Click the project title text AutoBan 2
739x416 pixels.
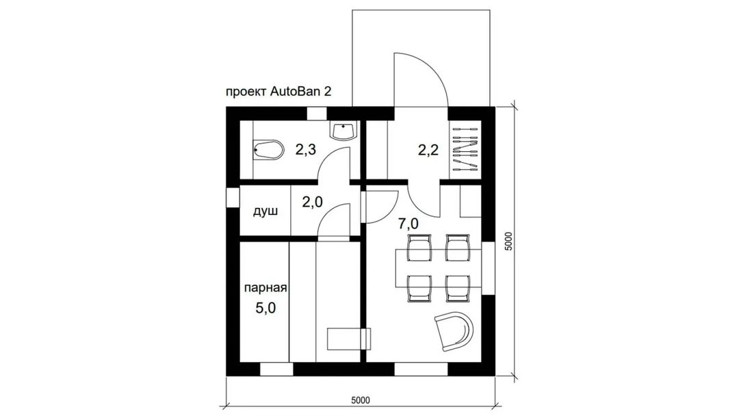coord(300,91)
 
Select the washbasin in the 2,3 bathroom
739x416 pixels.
coord(345,131)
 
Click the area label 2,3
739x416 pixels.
coord(305,150)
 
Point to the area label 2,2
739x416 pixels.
coord(428,150)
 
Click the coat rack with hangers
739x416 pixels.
coord(465,150)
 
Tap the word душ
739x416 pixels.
coord(265,211)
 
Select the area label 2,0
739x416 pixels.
coord(312,202)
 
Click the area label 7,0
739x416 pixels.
coord(408,224)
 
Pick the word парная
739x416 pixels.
coord(265,288)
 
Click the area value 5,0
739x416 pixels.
coord(265,308)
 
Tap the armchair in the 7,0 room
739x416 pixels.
coord(454,330)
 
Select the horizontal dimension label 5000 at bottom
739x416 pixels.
coord(361,400)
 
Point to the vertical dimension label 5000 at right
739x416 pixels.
coord(508,242)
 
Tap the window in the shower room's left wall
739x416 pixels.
coord(233,198)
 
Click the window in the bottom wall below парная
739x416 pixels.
coord(276,369)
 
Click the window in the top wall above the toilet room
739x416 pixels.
coord(317,114)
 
